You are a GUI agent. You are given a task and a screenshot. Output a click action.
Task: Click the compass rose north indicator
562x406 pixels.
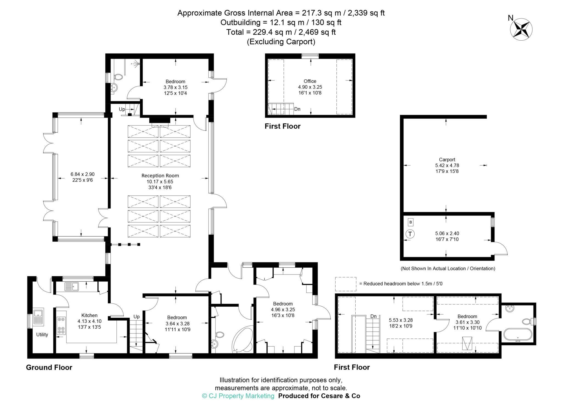click(x=521, y=29)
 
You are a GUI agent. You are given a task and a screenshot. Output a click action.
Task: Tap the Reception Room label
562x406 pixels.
click(x=160, y=176)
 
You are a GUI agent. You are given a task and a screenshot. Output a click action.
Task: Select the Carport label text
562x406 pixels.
click(x=447, y=159)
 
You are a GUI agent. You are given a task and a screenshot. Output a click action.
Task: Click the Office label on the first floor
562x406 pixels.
click(x=310, y=81)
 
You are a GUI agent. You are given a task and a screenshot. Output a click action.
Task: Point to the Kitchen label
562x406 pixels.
click(x=89, y=315)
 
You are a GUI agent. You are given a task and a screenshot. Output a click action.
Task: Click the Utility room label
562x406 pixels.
click(x=42, y=335)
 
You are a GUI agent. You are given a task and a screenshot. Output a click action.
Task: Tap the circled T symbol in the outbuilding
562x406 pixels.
click(x=410, y=234)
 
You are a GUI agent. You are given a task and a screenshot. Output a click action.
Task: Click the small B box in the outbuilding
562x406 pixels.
click(x=411, y=222)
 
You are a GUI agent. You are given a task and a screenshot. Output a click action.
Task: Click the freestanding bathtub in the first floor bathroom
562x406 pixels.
click(x=518, y=335)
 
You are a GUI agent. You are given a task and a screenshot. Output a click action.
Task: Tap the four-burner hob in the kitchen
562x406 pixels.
click(x=61, y=326)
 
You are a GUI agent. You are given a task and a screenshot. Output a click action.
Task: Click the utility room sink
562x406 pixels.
click(x=38, y=317)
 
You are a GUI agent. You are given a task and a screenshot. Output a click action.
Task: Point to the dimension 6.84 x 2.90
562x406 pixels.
click(x=82, y=174)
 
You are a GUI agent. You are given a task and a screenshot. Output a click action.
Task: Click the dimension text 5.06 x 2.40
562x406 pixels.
click(x=447, y=233)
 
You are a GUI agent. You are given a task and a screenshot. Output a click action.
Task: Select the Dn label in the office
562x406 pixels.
click(x=297, y=109)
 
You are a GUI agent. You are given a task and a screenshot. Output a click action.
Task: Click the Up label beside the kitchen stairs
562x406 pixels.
click(x=136, y=317)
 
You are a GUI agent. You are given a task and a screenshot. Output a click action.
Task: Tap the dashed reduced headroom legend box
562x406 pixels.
click(x=346, y=284)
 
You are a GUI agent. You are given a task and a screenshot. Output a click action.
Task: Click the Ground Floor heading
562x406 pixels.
click(x=49, y=367)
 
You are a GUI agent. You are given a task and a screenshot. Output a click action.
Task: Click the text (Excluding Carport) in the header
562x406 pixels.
click(x=281, y=42)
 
